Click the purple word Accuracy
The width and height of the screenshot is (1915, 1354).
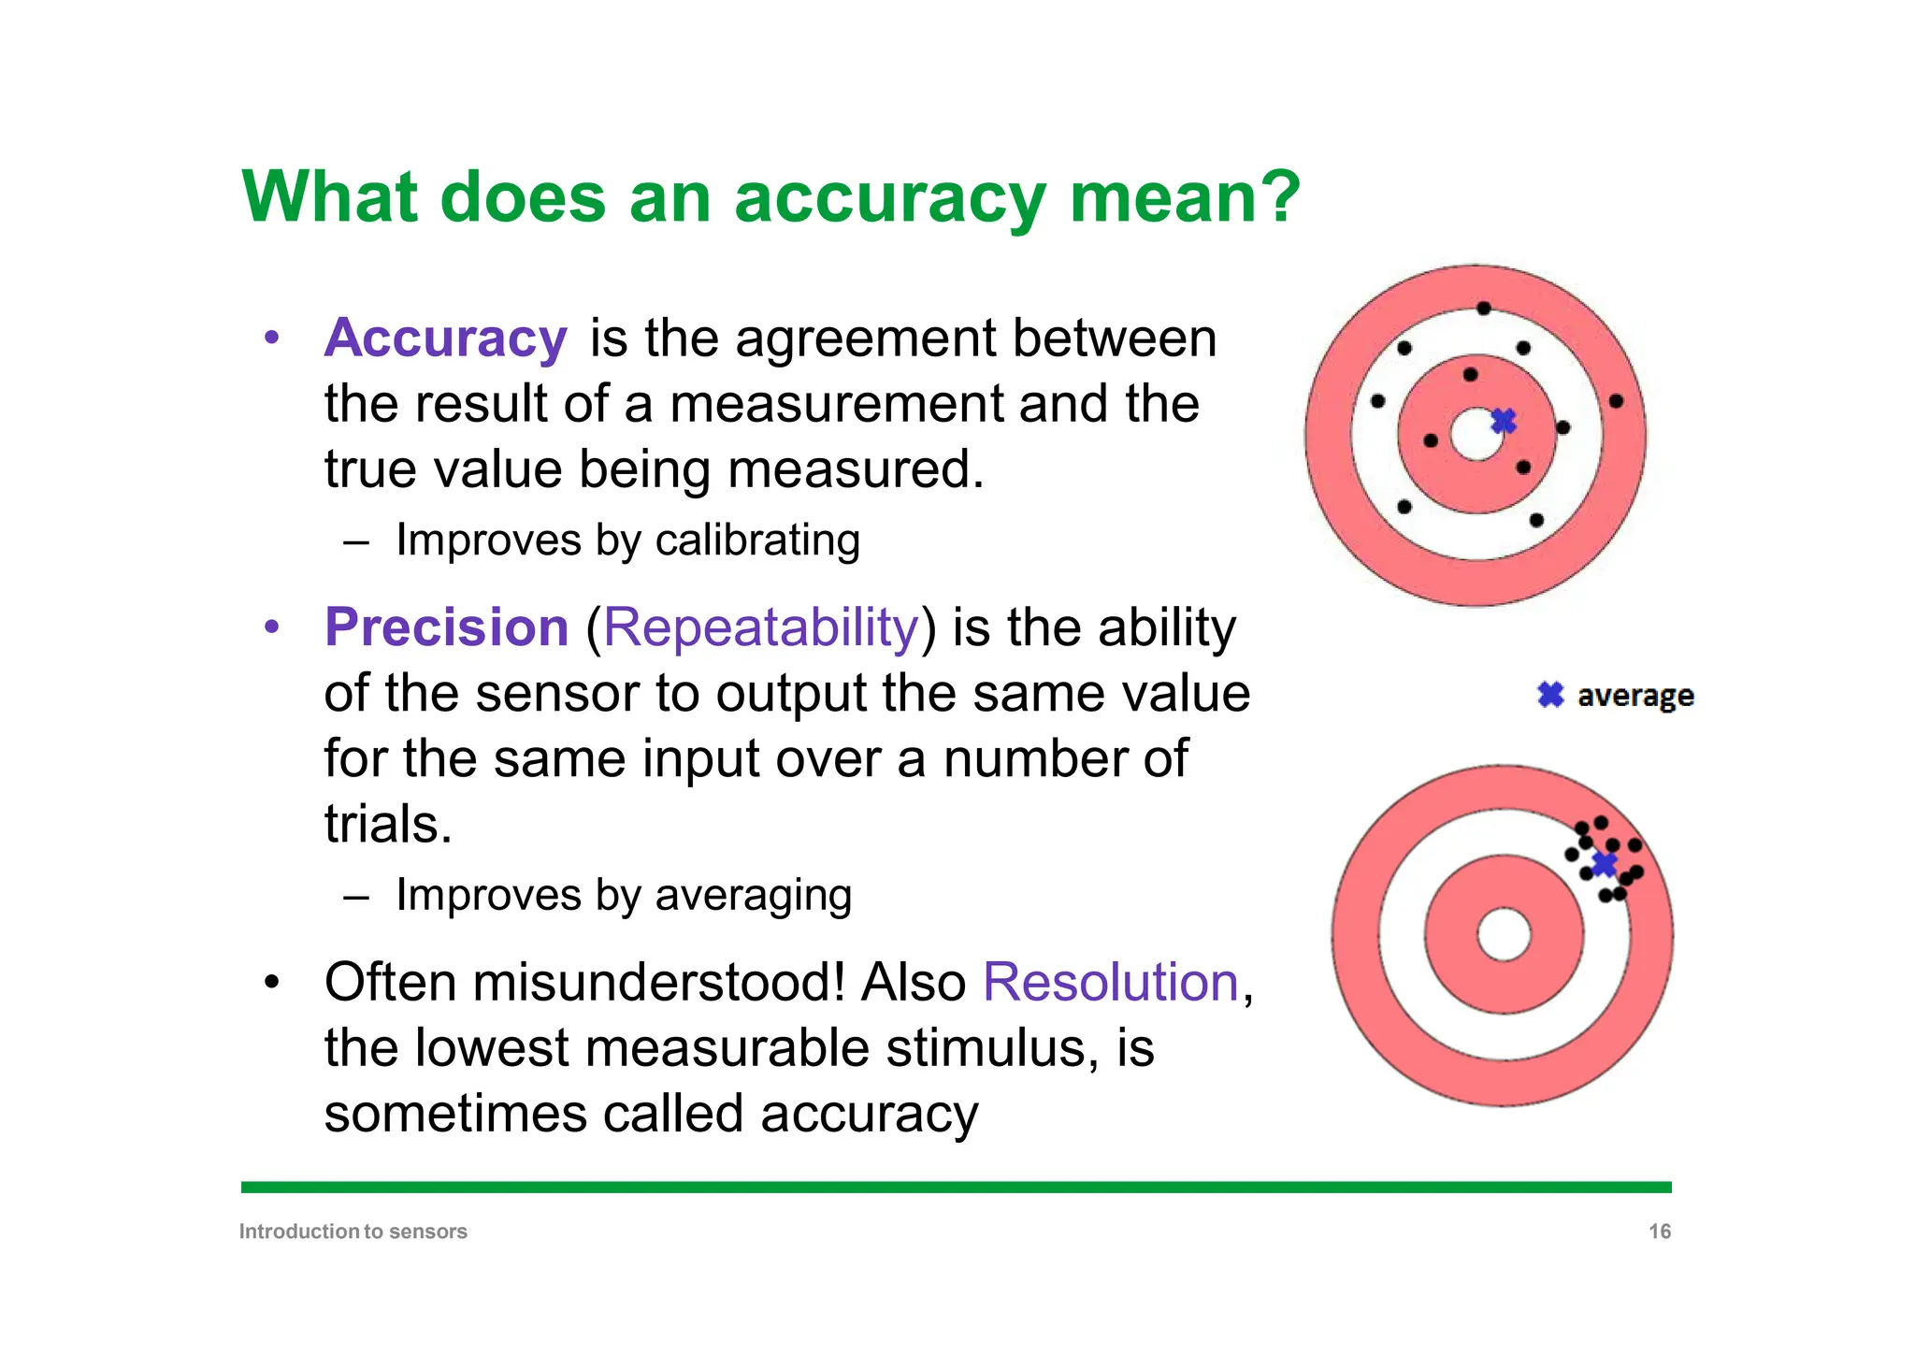coord(445,338)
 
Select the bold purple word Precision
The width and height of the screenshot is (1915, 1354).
coord(446,627)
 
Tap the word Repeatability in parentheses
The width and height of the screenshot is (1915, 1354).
coord(761,627)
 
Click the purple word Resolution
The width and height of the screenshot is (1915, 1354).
coord(1110,983)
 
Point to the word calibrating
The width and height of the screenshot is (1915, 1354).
coord(757,540)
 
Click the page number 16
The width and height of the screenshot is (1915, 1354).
coord(1659,1232)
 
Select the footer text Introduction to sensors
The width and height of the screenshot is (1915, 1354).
coord(353,1232)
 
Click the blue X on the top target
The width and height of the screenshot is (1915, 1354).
coord(1504,421)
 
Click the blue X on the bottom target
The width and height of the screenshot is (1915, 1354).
coord(1605,864)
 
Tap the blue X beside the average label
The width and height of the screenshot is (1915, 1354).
coord(1550,695)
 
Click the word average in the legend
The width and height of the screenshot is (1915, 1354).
coord(1634,697)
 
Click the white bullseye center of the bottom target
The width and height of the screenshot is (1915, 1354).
coord(1504,934)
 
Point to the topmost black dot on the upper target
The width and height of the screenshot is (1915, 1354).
coord(1483,308)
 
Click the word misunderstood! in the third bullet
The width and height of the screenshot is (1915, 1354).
coord(658,983)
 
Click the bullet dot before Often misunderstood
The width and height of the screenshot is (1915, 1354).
coord(271,983)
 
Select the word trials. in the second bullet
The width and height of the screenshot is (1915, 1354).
coord(388,825)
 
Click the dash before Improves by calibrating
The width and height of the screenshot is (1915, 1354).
coord(356,542)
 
